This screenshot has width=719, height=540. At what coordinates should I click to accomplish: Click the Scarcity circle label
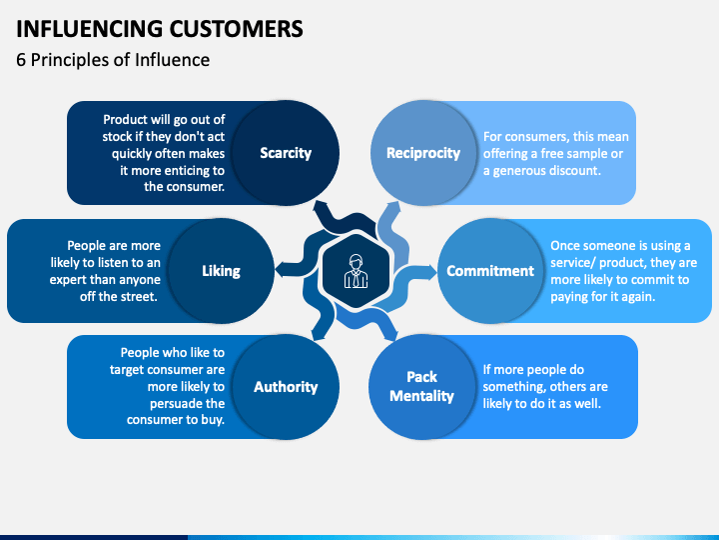[x=286, y=153]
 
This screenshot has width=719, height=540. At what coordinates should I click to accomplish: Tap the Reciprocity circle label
[x=423, y=153]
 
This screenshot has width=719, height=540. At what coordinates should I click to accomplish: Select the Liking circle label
[x=221, y=271]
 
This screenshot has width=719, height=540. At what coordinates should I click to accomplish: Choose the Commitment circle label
[x=490, y=271]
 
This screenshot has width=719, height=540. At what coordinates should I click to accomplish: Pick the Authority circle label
[x=286, y=387]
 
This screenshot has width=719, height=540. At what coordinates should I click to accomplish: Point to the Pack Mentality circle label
[x=421, y=386]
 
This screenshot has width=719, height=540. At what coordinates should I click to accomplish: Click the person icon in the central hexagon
[x=356, y=271]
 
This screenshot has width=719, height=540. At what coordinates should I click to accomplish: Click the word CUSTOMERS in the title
[x=236, y=28]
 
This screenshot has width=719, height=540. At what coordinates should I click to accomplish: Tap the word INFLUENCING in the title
[x=90, y=28]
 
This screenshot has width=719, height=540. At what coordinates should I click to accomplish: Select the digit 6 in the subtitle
[x=21, y=60]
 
